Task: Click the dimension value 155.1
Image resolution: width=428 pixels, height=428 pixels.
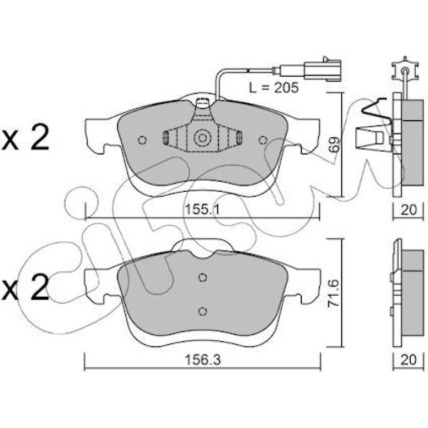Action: [202, 210]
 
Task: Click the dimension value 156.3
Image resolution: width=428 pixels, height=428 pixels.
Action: [202, 360]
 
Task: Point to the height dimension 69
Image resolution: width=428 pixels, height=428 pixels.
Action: [334, 145]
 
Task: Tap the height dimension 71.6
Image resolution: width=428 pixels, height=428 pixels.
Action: [334, 292]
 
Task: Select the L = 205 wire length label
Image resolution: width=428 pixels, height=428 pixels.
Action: [274, 88]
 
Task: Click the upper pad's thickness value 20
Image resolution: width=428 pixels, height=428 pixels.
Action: [409, 210]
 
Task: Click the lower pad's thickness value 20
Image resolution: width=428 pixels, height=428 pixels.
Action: [409, 360]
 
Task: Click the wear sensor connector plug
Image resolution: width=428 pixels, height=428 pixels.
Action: [322, 70]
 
